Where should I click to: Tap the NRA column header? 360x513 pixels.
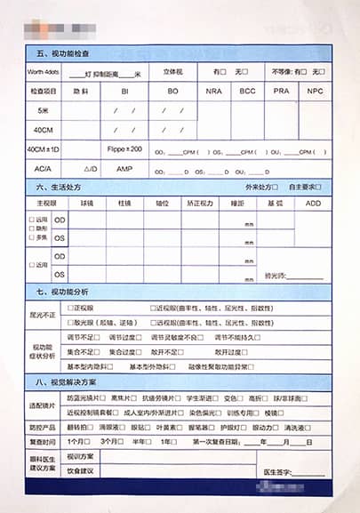coord(214,91)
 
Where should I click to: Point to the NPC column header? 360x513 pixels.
coord(314,91)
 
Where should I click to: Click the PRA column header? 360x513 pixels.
coord(281,91)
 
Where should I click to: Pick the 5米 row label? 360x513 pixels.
coord(43,110)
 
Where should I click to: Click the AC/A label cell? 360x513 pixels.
coord(43,168)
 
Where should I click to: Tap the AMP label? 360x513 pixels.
coord(124,168)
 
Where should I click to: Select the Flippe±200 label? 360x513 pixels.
coord(124,149)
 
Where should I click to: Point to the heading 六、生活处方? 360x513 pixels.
coord(59,188)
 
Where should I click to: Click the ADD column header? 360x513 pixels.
coord(312,203)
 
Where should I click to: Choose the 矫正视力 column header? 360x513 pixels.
coord(199,203)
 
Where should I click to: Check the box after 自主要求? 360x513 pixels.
coord(317,188)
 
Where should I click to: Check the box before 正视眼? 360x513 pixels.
coord(78,308)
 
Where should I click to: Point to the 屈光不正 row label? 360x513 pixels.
coord(43,316)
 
